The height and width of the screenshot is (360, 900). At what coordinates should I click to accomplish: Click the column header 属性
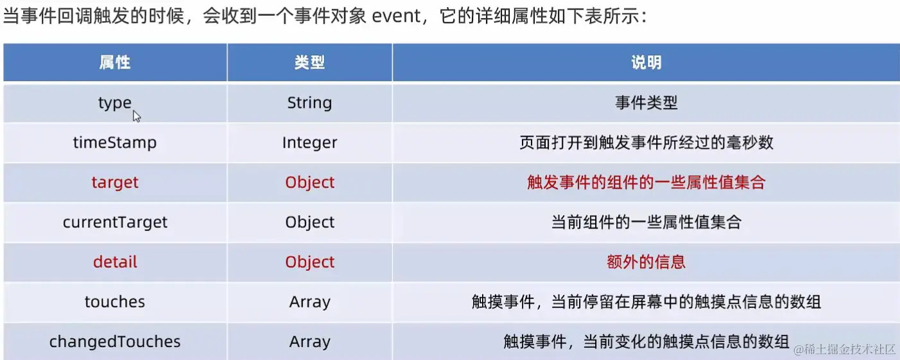(115, 62)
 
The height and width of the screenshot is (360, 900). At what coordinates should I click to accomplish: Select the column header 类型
(309, 62)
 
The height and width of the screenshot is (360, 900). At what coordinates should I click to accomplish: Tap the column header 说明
(646, 62)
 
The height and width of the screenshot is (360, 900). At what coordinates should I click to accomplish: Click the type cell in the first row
(115, 103)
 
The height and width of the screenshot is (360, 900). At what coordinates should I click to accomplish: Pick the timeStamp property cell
(115, 142)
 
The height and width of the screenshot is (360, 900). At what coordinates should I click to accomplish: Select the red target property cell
(115, 182)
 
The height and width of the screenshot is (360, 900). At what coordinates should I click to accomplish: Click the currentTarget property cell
(115, 222)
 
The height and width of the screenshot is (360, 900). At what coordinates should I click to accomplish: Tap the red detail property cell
(115, 262)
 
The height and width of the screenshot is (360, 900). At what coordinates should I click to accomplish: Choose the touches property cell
(115, 302)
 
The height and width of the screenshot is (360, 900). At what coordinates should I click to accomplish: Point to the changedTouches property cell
(115, 341)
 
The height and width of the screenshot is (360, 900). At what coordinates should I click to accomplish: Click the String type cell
(309, 103)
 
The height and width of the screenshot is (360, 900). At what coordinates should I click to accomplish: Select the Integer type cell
(309, 142)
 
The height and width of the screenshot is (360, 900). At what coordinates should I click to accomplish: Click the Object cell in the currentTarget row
(309, 222)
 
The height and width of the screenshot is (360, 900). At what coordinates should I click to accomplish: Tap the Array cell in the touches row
(309, 302)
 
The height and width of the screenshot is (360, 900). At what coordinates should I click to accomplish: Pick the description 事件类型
(646, 103)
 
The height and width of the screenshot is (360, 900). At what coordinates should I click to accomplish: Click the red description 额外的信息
(646, 262)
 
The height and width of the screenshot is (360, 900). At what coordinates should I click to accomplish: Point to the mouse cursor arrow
(137, 116)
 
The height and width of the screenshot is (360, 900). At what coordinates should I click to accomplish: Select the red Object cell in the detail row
(309, 262)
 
